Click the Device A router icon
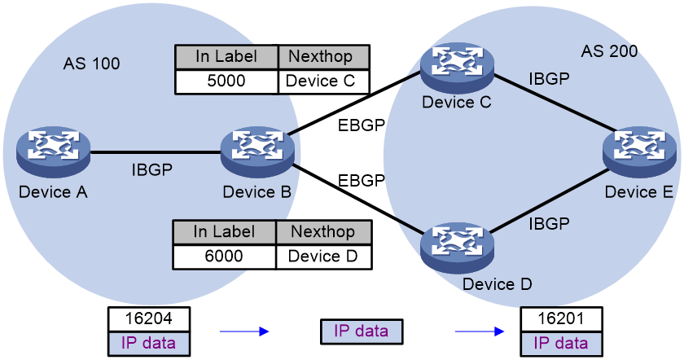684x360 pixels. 53,153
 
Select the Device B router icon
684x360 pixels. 257,153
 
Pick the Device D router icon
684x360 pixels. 457,248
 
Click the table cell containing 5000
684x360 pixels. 226,81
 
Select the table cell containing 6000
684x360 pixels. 224,256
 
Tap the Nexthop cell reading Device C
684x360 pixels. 324,81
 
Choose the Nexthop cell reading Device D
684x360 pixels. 324,256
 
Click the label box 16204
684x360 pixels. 149,319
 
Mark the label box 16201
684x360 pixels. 561,319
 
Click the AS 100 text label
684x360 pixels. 91,64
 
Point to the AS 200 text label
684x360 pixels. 609,51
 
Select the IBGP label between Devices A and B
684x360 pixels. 152,169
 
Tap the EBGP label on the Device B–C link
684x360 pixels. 362,125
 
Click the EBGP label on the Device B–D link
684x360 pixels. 362,180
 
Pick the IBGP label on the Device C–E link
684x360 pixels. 549,79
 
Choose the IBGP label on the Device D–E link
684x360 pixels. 549,224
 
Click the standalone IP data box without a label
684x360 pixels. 362,331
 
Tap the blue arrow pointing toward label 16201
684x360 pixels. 480,331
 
